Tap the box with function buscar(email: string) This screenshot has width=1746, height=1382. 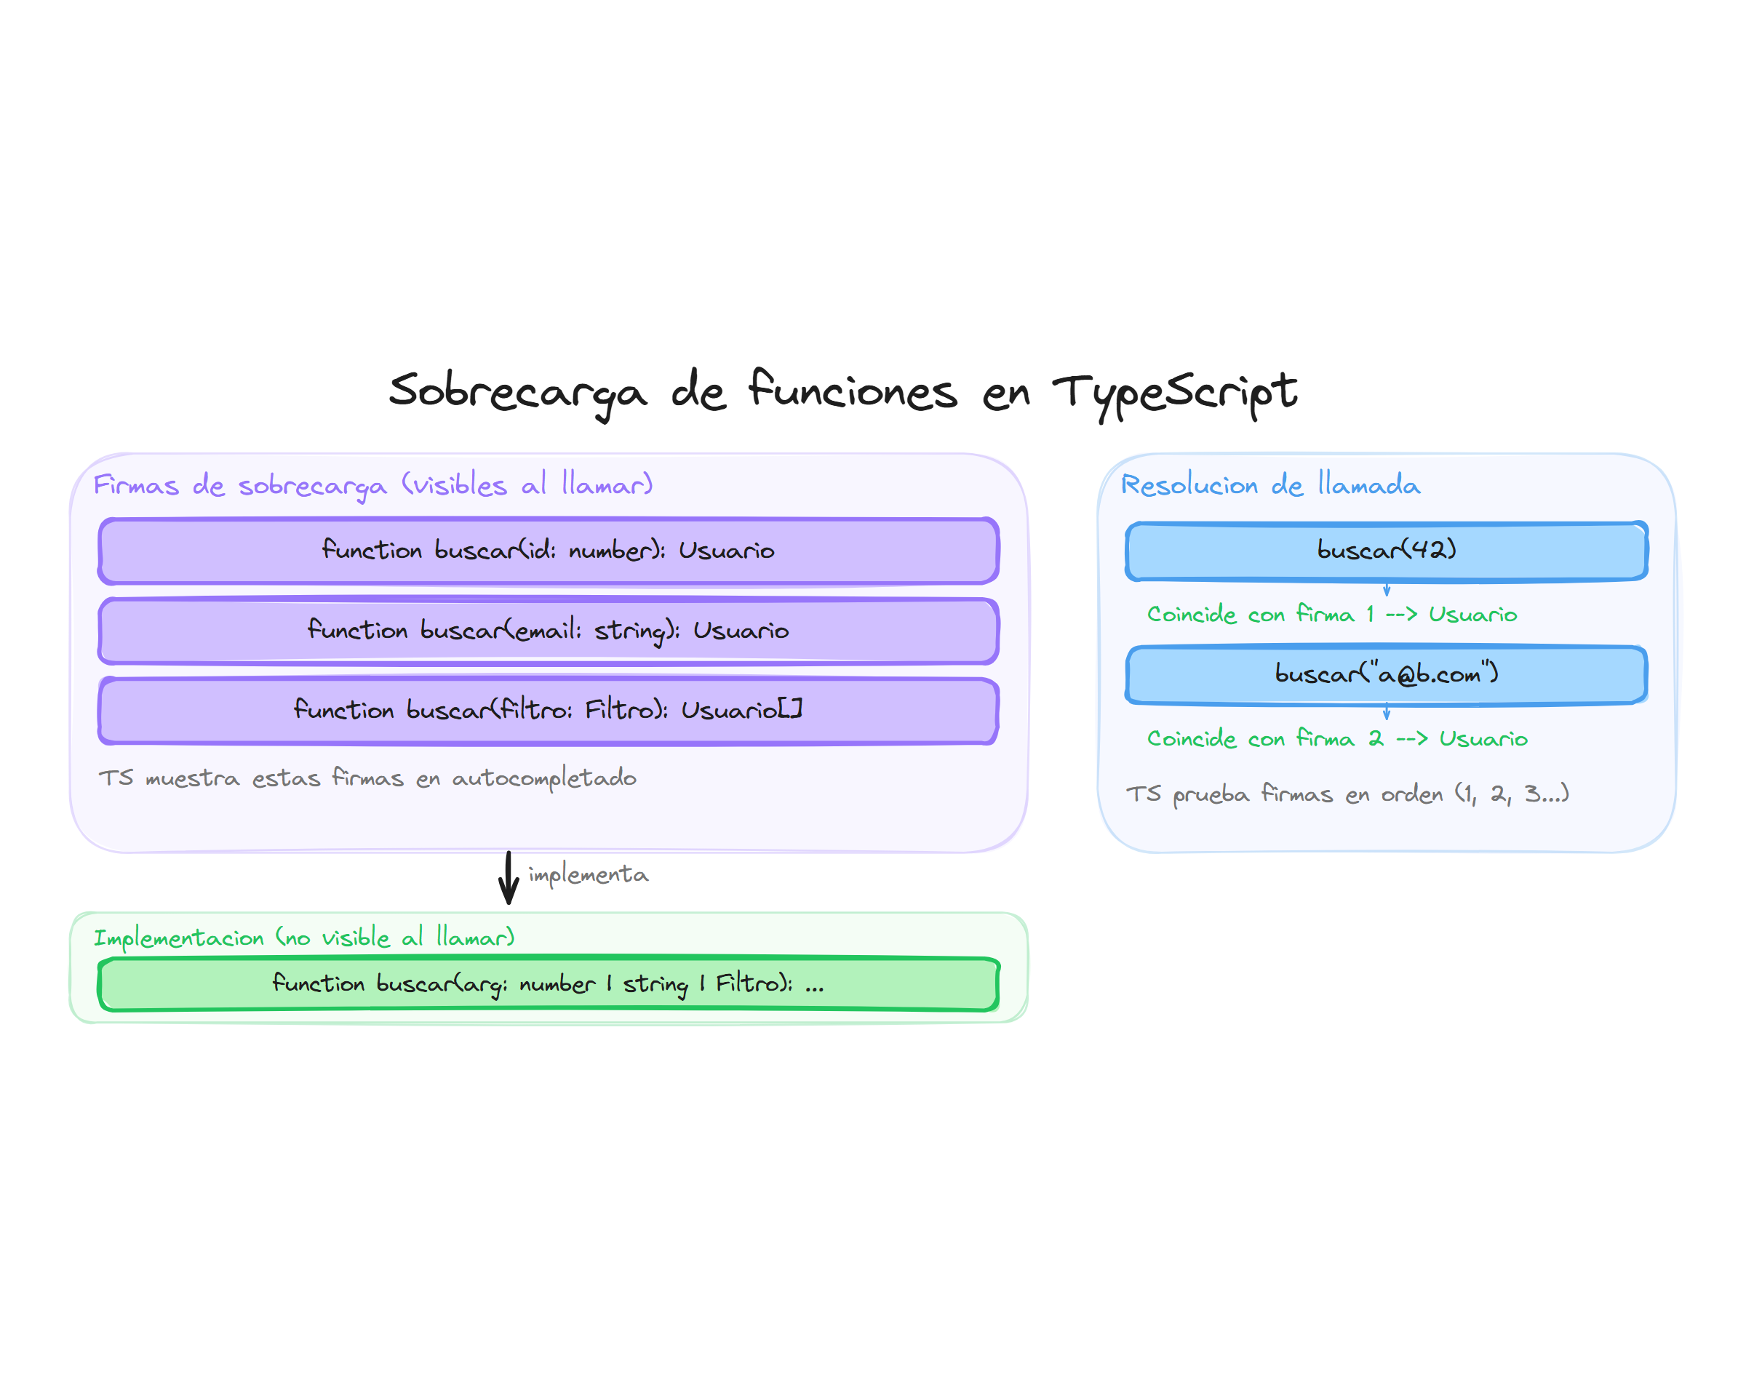coord(548,631)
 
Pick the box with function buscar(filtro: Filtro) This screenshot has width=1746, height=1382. coord(548,711)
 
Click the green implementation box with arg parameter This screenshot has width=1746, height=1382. coord(548,983)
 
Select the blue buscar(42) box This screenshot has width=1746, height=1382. coord(1385,550)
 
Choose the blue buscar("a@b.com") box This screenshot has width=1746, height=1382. coord(1385,674)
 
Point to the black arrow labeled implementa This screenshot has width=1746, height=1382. coord(508,878)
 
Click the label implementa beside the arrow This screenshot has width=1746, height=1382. coord(589,875)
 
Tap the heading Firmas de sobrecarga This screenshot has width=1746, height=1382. coord(372,484)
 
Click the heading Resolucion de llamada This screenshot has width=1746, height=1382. coord(1269,484)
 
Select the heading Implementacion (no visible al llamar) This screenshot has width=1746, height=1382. coord(303,937)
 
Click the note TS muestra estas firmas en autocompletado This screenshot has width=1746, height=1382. coord(367,778)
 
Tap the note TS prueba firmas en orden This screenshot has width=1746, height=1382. coord(1347,794)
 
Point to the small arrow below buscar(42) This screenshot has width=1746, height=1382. coord(1386,589)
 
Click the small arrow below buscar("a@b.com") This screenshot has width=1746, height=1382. coord(1386,713)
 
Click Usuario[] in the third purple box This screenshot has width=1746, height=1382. coord(741,710)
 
